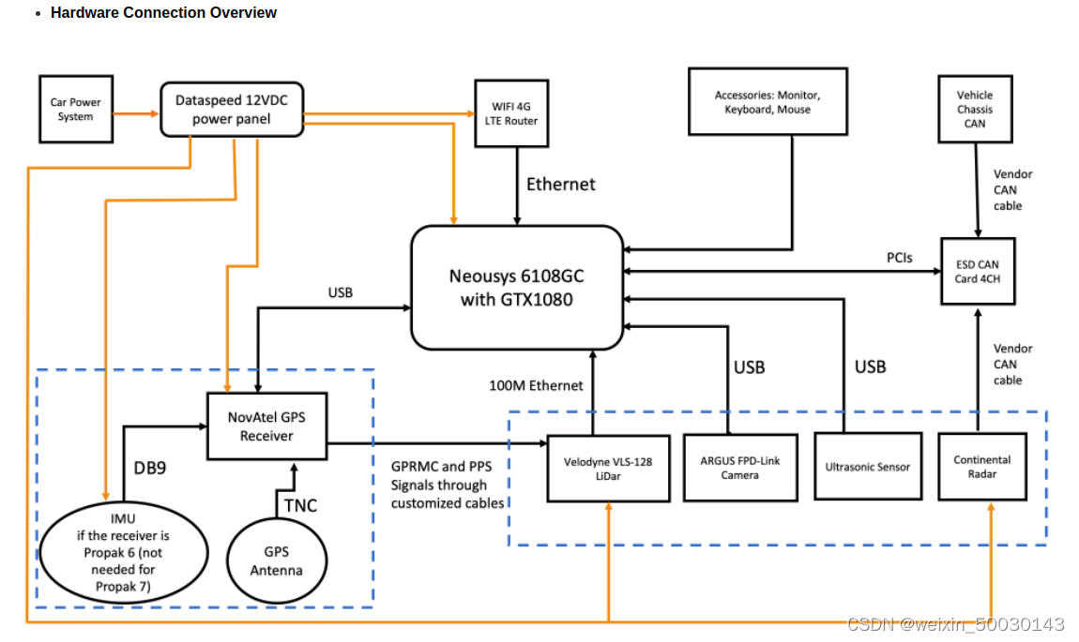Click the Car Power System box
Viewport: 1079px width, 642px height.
(76, 110)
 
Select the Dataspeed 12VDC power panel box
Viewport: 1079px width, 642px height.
(232, 110)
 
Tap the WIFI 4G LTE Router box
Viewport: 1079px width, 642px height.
(511, 113)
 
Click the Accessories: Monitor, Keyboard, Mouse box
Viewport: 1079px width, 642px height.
(767, 102)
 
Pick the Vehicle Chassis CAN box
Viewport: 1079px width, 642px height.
(975, 110)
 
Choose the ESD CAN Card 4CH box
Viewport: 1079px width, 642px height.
(978, 272)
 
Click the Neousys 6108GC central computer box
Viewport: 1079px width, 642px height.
(517, 288)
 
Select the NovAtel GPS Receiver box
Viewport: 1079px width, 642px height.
(267, 426)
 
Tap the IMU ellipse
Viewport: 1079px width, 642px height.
(123, 553)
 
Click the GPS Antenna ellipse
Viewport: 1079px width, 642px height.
(277, 560)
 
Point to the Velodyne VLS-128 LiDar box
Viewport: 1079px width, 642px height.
(608, 469)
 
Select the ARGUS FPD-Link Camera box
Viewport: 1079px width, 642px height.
(740, 468)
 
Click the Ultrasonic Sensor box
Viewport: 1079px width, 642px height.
(868, 467)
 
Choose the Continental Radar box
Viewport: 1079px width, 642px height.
(982, 467)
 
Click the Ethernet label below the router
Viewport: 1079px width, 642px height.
(561, 185)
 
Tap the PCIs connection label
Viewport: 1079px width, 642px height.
(900, 258)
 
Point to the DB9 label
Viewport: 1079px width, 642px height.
(150, 468)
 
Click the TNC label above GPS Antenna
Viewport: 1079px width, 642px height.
(301, 506)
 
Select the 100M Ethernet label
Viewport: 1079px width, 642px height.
(536, 385)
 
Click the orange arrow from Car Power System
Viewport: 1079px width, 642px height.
(136, 113)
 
